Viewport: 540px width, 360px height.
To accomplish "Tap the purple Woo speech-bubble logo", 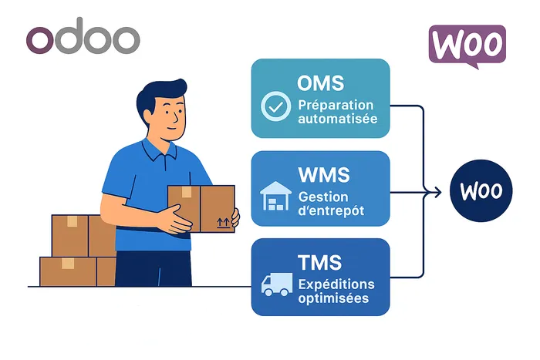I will [467, 45].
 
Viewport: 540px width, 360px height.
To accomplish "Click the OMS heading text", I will [320, 82].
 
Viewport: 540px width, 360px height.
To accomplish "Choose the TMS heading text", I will [320, 263].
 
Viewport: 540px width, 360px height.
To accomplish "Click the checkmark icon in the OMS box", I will [276, 107].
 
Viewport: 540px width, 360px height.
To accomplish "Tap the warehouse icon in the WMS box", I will [275, 197].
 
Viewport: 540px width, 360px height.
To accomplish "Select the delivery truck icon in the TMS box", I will [275, 286].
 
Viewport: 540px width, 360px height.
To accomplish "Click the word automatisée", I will [338, 120].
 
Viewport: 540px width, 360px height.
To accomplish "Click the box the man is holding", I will [201, 207].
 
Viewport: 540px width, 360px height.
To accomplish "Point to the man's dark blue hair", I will [158, 96].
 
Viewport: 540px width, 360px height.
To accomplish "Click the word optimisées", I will [333, 298].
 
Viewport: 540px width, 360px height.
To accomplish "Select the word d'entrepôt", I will [332, 210].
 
